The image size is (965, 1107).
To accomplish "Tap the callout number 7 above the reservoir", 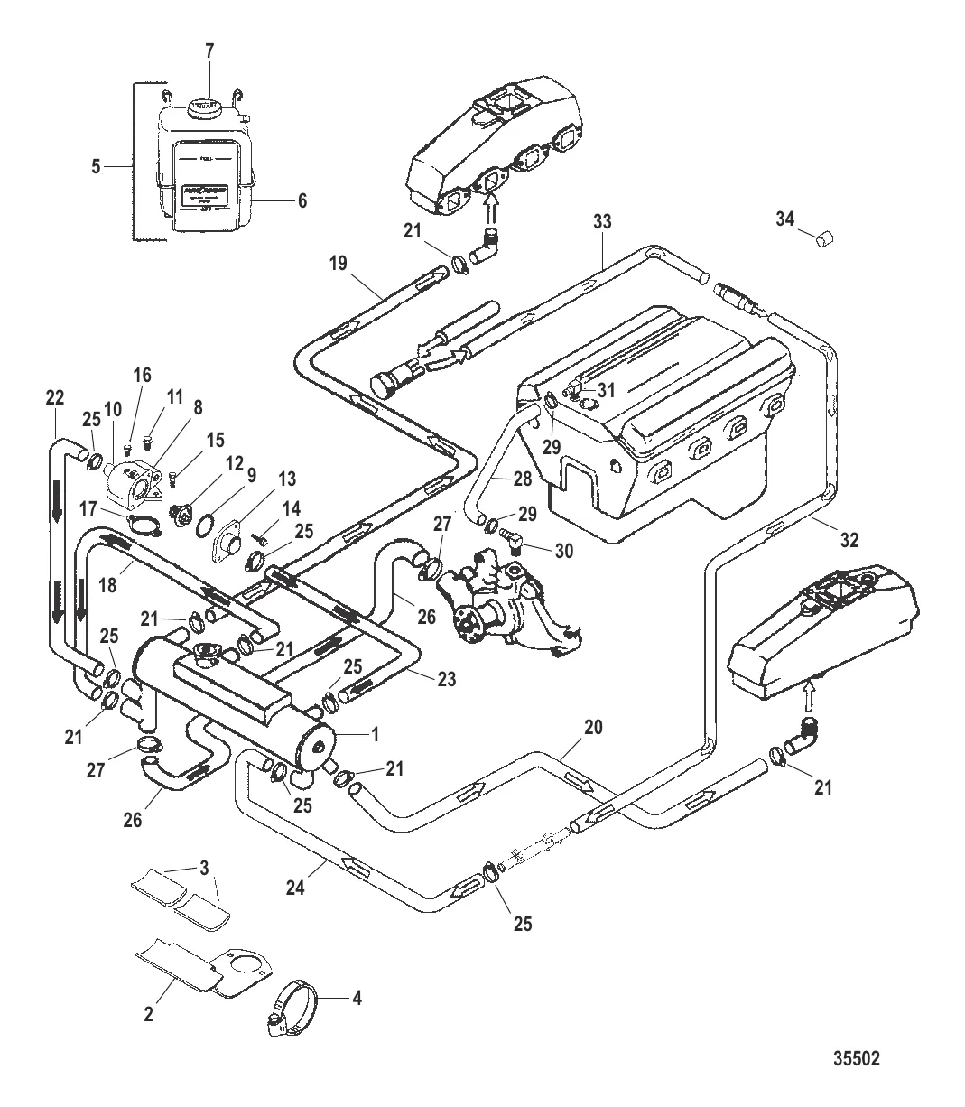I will (x=209, y=51).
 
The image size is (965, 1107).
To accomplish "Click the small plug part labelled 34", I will (x=825, y=240).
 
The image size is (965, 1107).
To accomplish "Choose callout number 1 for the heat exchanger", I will (x=375, y=734).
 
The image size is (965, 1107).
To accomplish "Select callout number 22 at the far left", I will (x=54, y=396).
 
